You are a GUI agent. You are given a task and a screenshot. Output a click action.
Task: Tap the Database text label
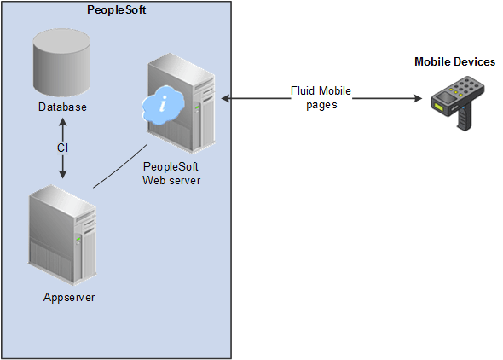coord(62,107)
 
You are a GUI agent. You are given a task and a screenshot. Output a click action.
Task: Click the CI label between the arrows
coord(62,147)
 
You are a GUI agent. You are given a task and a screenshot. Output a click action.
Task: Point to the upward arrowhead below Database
coord(62,122)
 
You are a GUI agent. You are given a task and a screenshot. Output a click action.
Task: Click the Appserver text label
coord(68,298)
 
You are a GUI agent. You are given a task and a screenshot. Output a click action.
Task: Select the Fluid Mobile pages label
coord(320,99)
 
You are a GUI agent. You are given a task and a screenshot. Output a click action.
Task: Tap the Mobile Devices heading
coord(454,62)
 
